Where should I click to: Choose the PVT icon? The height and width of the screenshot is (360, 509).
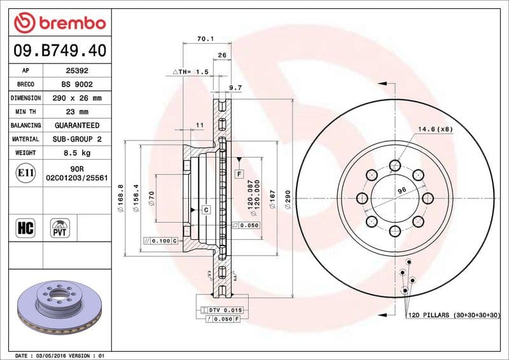tap(60, 227)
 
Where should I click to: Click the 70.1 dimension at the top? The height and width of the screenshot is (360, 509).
tap(205, 39)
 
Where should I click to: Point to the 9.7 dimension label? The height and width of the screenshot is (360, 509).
tap(235, 87)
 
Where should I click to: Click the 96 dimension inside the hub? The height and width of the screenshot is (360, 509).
tap(401, 190)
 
